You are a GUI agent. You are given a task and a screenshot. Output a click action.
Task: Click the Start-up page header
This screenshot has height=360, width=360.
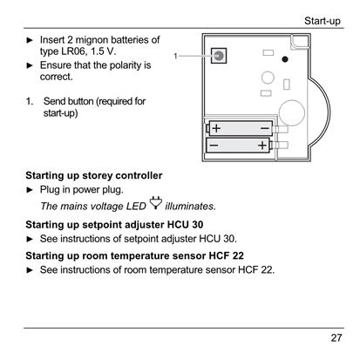[323, 21]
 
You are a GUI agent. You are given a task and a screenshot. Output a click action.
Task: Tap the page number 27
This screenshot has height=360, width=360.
[336, 338]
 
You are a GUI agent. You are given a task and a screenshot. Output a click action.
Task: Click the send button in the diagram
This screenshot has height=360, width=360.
[219, 56]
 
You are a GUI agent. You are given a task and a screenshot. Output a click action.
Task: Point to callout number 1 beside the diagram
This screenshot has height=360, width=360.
[175, 56]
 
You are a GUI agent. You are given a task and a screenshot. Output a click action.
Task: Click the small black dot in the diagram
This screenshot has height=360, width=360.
[285, 59]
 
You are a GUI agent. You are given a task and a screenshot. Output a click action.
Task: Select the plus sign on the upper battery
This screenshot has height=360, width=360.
[216, 128]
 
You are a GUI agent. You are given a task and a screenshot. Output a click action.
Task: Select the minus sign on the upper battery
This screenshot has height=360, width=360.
[265, 128]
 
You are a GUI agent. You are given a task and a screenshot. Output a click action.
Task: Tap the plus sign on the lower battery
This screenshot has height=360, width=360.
[262, 145]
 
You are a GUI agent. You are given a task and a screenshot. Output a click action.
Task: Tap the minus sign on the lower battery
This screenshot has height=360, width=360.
[214, 145]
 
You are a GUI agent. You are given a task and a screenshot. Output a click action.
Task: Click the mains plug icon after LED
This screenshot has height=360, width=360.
[156, 203]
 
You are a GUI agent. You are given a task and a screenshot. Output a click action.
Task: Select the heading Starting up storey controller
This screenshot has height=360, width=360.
[94, 175]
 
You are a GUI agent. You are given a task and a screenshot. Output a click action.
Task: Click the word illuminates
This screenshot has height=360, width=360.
[190, 207]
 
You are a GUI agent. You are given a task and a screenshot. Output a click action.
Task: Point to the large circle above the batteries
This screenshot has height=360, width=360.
[292, 113]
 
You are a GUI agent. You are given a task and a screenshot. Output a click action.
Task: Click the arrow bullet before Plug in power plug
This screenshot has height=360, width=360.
[30, 190]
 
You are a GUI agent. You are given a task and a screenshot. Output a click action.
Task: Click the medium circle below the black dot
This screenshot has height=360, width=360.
[268, 78]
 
